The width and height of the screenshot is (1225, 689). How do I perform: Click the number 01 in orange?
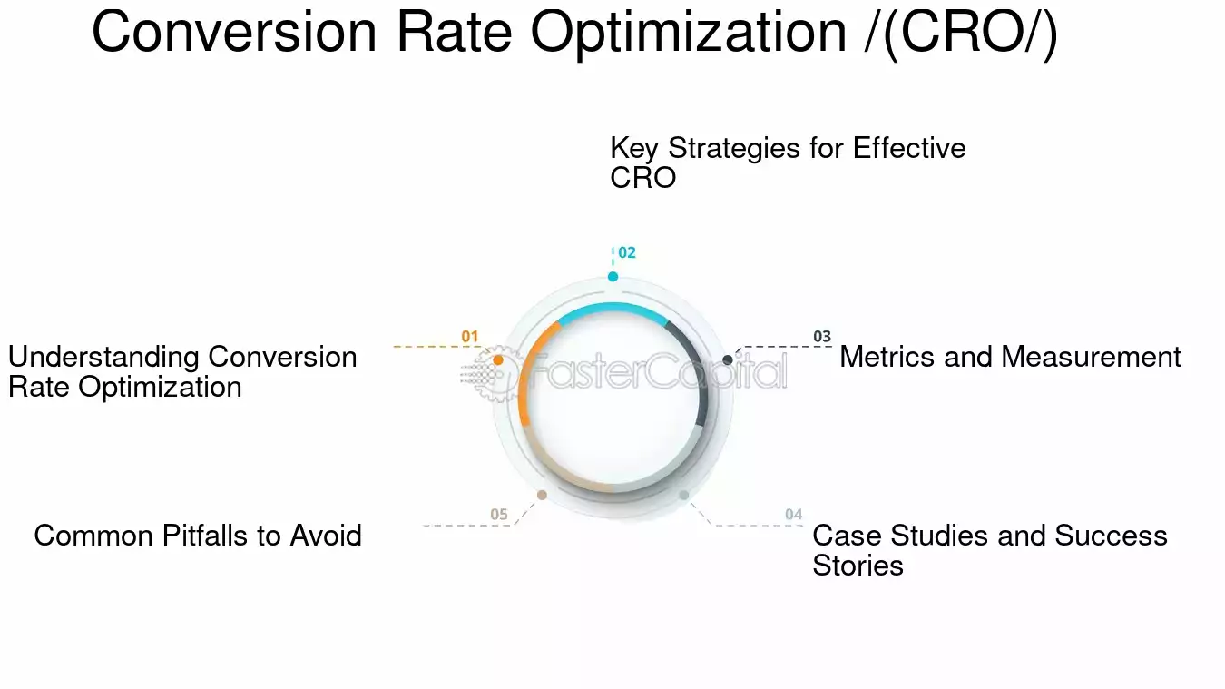(x=469, y=337)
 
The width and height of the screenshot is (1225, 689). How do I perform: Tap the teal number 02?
(x=627, y=253)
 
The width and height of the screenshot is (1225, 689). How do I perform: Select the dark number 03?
(x=821, y=337)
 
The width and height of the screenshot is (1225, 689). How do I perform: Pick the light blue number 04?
(x=793, y=515)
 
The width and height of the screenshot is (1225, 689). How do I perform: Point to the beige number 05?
(x=499, y=515)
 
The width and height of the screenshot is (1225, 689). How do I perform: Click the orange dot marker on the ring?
(x=497, y=360)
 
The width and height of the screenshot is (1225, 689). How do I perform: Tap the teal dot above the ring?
(x=612, y=277)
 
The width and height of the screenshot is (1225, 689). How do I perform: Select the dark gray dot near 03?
(x=728, y=360)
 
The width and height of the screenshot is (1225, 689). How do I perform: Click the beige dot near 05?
(x=542, y=495)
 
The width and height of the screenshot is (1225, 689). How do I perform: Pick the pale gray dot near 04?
(x=683, y=495)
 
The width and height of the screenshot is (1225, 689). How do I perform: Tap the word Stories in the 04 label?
(x=857, y=566)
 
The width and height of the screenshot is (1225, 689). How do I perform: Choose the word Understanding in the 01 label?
(x=103, y=357)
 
